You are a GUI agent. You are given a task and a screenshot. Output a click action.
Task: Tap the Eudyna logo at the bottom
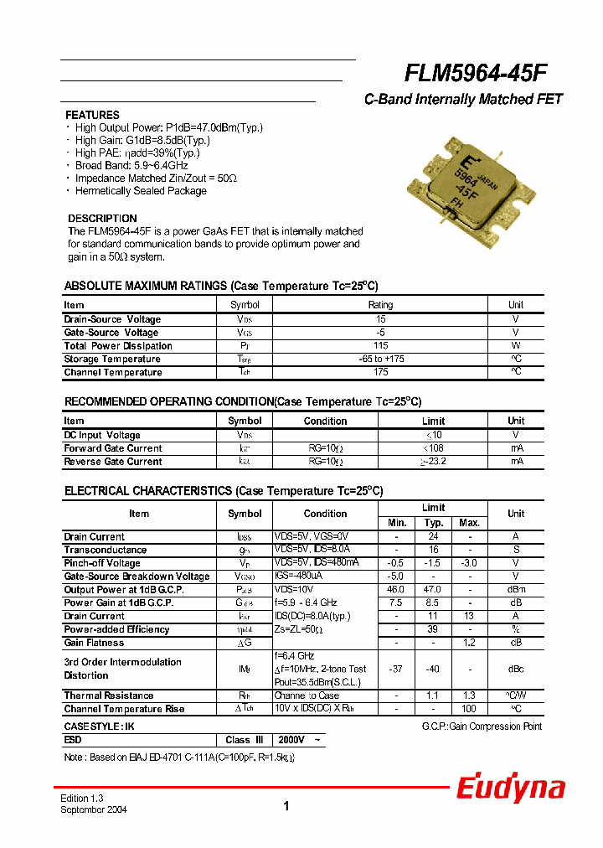510,789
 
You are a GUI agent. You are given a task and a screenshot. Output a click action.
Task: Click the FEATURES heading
92,115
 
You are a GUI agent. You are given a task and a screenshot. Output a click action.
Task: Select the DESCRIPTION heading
102,219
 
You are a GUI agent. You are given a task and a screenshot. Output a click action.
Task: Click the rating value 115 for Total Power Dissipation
380,346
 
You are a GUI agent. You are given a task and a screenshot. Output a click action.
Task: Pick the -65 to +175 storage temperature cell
380,359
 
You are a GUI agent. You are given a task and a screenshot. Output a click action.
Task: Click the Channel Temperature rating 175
380,372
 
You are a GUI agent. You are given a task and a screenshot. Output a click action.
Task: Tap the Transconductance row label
106,550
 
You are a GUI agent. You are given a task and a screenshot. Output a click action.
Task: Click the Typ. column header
434,523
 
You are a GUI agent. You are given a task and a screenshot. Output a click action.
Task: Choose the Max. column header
470,523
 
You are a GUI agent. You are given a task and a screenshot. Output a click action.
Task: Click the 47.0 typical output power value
434,590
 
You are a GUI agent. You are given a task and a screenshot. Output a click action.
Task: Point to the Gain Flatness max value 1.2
470,643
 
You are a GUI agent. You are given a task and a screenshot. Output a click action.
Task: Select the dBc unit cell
516,669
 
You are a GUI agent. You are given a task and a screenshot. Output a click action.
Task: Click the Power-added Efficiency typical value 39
434,629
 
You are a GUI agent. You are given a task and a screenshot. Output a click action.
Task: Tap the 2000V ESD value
291,740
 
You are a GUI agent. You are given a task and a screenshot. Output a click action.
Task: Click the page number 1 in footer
286,806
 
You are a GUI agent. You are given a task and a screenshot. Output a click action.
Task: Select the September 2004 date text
94,810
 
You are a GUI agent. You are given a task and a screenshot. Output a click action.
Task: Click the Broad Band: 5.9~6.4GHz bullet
131,166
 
